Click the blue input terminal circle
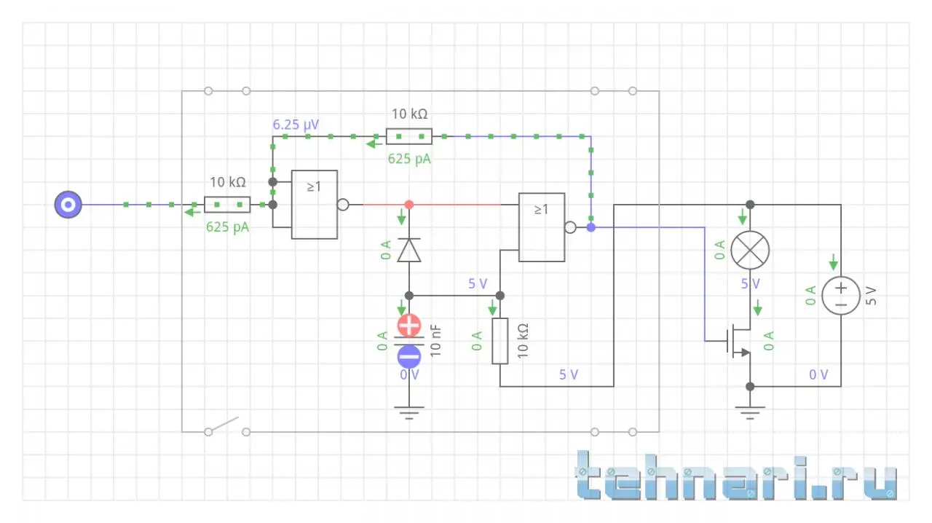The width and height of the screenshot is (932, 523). tap(68, 205)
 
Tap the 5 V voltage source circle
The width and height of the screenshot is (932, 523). tap(841, 295)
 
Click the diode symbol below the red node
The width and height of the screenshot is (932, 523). tap(408, 251)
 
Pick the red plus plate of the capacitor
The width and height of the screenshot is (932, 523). tap(408, 325)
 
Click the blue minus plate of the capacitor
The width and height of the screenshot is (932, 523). tap(408, 356)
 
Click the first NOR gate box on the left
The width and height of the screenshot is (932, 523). tap(315, 205)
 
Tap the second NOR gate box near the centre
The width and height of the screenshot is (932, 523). tap(541, 227)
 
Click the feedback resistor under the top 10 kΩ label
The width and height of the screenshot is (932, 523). tap(408, 136)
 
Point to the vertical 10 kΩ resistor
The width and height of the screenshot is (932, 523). tap(499, 340)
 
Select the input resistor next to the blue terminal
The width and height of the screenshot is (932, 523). tap(227, 205)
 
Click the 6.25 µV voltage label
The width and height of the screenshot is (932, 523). tap(296, 125)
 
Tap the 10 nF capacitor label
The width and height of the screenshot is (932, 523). tap(435, 340)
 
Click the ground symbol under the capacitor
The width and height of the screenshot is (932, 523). tap(408, 414)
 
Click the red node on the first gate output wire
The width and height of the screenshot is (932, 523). tap(408, 205)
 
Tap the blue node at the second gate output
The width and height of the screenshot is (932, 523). tap(591, 228)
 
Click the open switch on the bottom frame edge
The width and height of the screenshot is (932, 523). tap(226, 425)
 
